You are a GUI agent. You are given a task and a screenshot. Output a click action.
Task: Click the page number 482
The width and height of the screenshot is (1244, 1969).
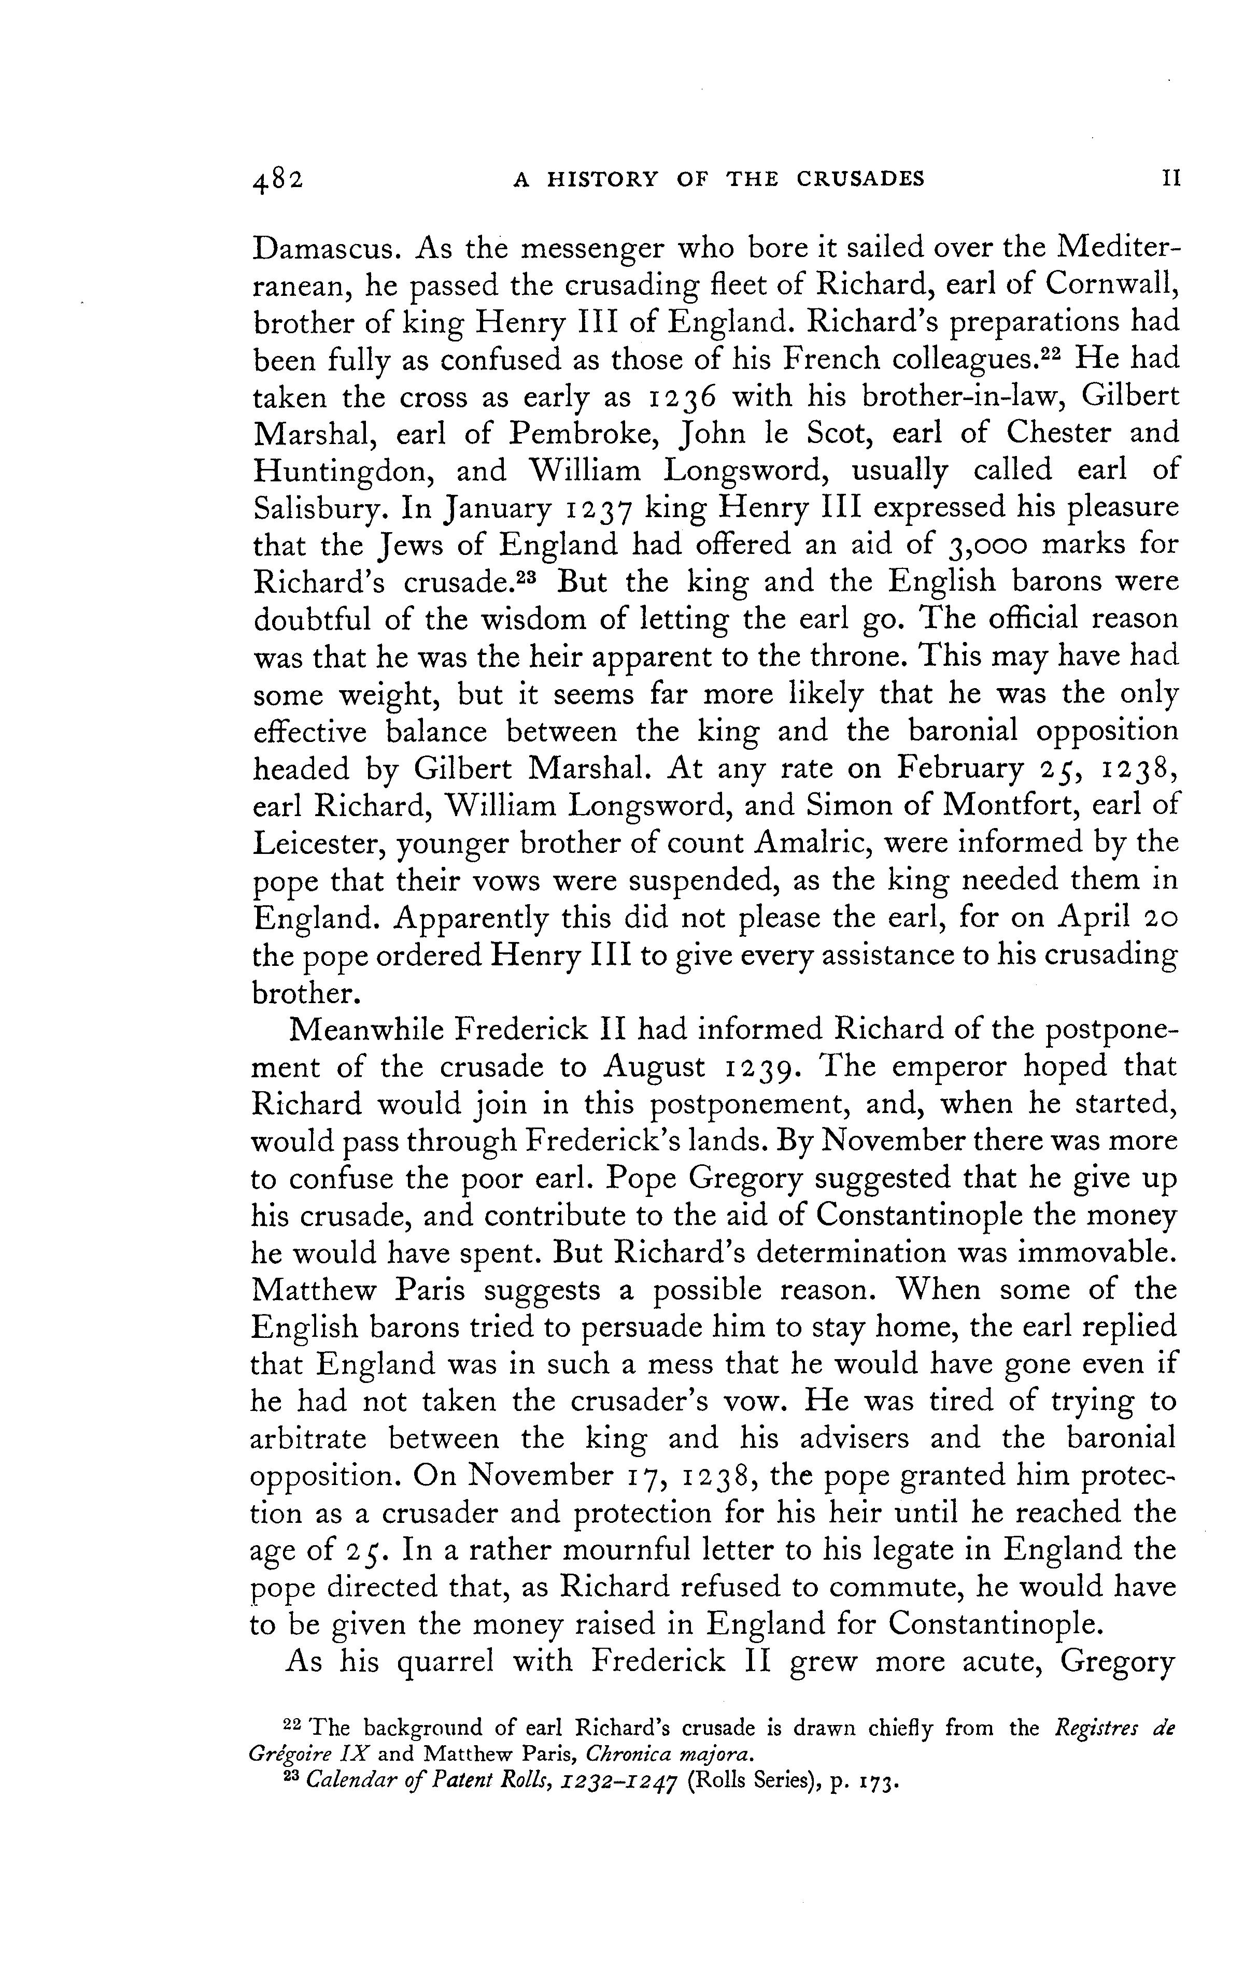click(278, 180)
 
